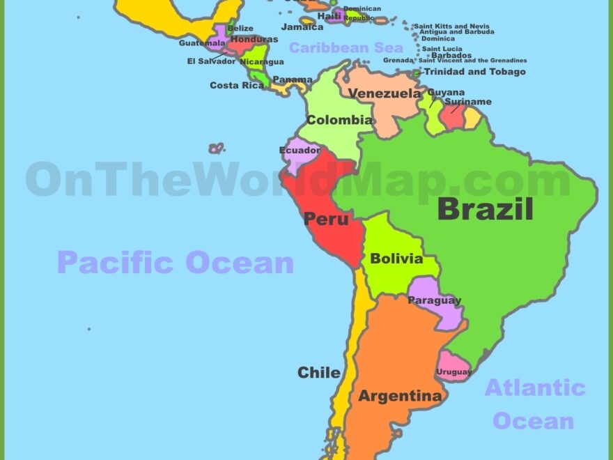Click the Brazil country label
(x=485, y=208)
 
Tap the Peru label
(x=326, y=219)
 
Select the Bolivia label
(x=396, y=259)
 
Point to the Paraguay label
(x=435, y=300)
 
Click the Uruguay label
(x=454, y=371)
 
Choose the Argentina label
(x=400, y=396)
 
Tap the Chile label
(x=319, y=372)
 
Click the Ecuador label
(x=300, y=150)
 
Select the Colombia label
(x=339, y=120)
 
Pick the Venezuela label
(x=385, y=93)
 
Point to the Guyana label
(x=446, y=92)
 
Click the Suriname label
(x=468, y=102)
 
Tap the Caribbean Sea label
(x=346, y=47)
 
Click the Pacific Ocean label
(x=175, y=263)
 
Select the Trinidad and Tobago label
(x=474, y=72)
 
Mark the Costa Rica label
(x=237, y=85)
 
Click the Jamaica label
(x=302, y=27)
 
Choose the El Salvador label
(x=211, y=61)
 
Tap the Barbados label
(x=451, y=55)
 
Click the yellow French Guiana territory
(x=473, y=118)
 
